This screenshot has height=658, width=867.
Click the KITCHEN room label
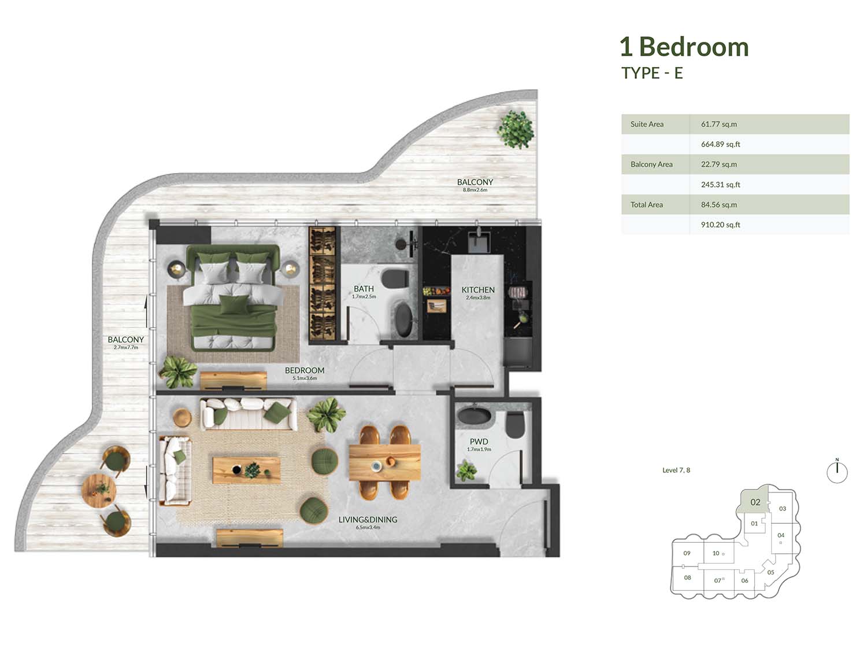478,290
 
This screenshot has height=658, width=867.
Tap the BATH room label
364,289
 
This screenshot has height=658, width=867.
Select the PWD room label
479,442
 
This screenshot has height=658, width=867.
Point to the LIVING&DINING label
368,520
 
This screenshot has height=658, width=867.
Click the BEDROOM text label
305,370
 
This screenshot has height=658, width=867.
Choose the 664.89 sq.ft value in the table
720,144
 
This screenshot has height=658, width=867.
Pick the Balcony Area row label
651,164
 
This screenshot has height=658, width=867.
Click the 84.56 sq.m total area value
719,205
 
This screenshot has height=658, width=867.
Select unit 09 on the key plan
687,553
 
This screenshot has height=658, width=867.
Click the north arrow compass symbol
837,471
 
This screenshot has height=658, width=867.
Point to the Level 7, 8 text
676,470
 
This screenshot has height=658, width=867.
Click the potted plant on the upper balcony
516,129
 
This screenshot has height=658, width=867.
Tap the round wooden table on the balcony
99,491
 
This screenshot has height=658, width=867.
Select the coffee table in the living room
246,470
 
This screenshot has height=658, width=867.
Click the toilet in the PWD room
514,425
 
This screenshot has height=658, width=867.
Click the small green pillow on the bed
234,304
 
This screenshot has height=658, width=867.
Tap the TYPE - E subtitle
652,73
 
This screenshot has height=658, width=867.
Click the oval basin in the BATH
404,320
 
